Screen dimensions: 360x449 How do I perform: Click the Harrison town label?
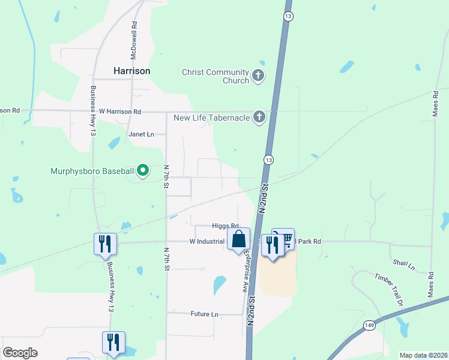point(131,70)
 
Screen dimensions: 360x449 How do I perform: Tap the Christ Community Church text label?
point(215,76)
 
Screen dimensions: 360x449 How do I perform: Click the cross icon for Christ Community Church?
point(258,76)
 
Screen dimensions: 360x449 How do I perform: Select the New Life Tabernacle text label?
point(211,118)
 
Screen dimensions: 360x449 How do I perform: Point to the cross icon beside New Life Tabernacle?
point(259,117)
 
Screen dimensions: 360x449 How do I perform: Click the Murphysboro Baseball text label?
point(92,172)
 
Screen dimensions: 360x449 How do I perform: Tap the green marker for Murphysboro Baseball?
point(143,172)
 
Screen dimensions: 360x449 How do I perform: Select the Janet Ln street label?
point(142,134)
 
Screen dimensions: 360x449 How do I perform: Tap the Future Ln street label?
point(204,314)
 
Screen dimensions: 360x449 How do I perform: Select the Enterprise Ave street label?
point(245,271)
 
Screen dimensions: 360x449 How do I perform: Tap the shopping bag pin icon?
point(238,239)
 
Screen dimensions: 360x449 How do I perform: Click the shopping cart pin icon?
point(284,239)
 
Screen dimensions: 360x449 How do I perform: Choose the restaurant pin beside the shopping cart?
point(272,245)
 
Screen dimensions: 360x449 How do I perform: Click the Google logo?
point(20,353)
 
